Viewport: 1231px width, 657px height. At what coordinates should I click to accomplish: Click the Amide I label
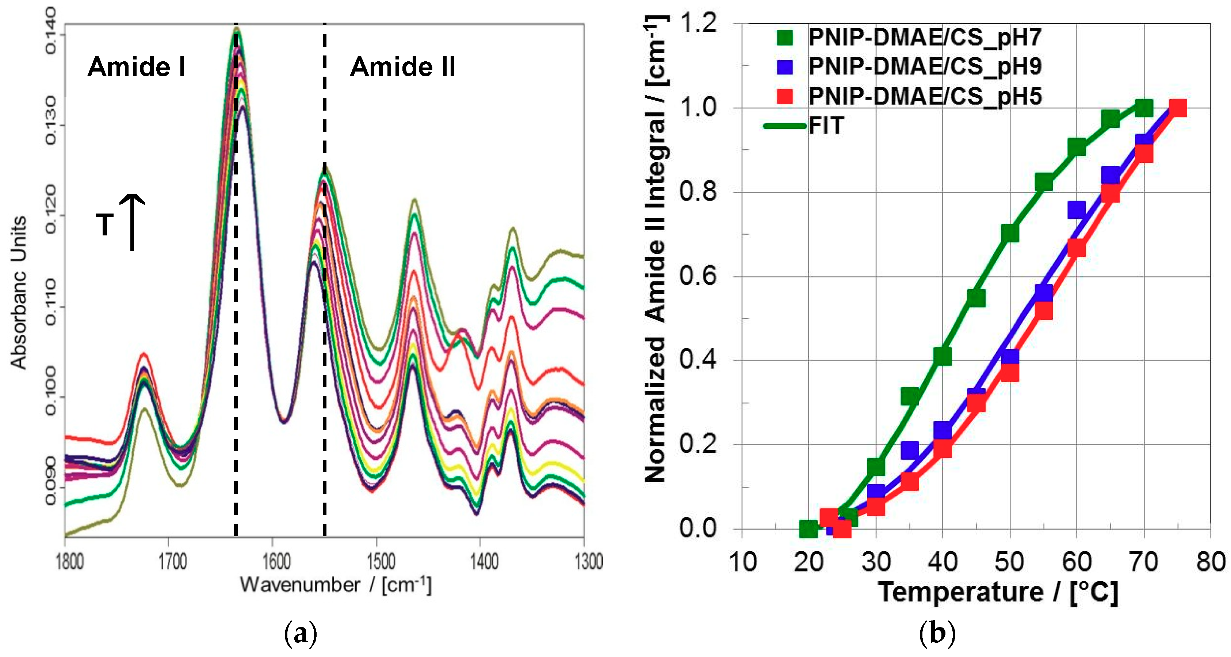[136, 66]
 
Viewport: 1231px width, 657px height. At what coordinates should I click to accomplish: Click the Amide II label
[402, 66]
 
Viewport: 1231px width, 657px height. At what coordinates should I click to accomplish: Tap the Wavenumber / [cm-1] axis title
[336, 585]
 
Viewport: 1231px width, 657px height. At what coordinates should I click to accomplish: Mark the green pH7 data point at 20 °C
[808, 529]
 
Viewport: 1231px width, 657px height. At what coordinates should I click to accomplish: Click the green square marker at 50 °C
[1010, 234]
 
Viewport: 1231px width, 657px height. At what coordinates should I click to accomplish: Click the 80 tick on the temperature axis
[1210, 561]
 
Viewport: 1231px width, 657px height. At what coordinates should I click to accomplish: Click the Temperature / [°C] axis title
[998, 592]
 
